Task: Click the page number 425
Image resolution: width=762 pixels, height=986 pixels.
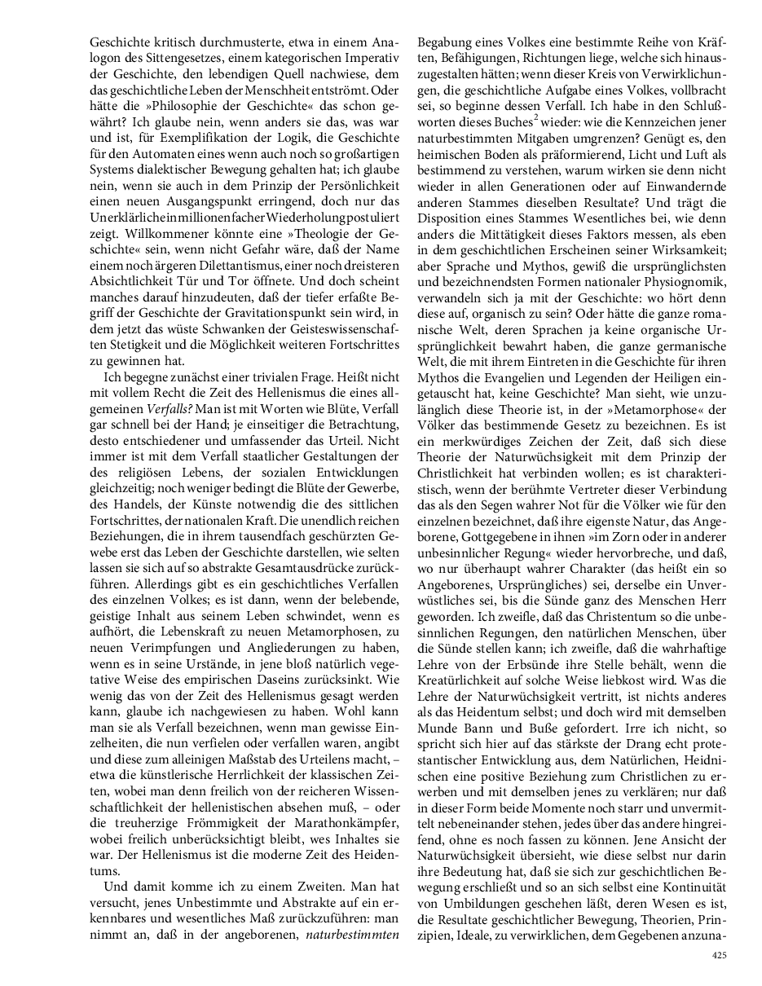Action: [719, 955]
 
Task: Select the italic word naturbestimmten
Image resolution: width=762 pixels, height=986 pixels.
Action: [352, 934]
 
